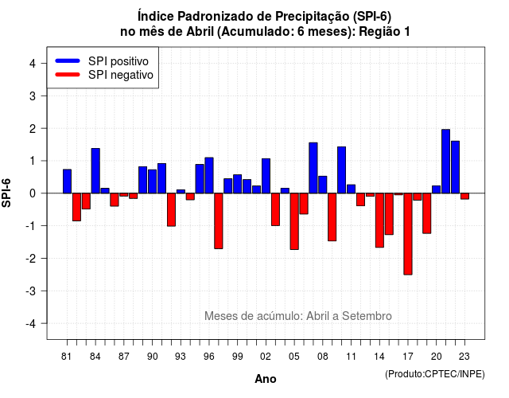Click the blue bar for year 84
[95, 171]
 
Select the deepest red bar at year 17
[408, 234]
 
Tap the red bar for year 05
[294, 221]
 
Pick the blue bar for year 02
[266, 176]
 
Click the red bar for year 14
[379, 220]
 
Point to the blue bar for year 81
[67, 181]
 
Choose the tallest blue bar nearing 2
[445, 161]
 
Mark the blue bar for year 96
[209, 175]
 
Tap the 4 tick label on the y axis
[33, 63]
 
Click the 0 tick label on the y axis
[33, 193]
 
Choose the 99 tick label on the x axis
[237, 357]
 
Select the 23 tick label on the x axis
[464, 357]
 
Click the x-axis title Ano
[266, 379]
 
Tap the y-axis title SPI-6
[6, 193]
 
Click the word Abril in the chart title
[200, 32]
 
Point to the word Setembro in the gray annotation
[367, 316]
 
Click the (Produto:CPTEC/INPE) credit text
[435, 374]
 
